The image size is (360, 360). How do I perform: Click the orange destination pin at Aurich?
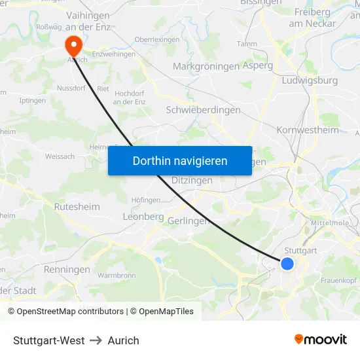click(73, 45)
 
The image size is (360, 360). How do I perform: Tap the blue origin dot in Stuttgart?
click(287, 263)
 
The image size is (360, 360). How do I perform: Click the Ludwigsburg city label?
click(309, 81)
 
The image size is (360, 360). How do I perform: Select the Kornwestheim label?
click(308, 130)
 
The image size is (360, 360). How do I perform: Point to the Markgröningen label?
click(206, 67)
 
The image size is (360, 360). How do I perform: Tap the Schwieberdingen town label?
click(204, 110)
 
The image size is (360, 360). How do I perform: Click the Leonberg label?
click(143, 217)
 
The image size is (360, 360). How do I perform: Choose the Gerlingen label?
click(188, 221)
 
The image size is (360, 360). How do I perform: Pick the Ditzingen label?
click(192, 180)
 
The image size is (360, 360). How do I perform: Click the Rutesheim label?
click(77, 206)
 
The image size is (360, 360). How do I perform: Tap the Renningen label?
click(67, 269)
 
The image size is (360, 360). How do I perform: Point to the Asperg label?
click(258, 67)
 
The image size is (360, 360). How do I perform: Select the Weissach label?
click(60, 156)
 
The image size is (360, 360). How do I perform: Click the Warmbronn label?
click(117, 276)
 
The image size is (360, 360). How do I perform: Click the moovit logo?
click(320, 340)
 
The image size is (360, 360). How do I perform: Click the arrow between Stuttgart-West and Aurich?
click(96, 340)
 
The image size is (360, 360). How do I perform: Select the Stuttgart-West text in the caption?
click(49, 340)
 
